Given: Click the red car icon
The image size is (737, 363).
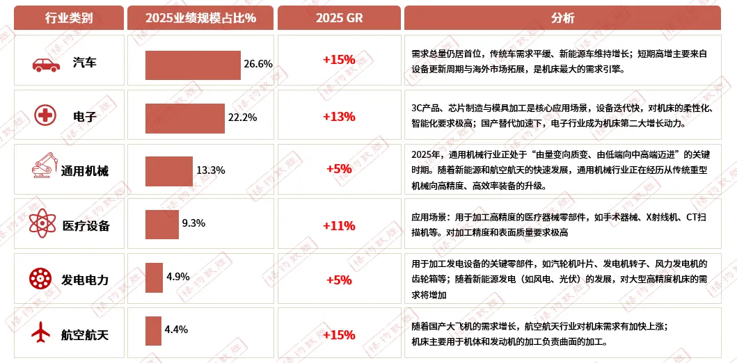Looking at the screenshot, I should point(47,65).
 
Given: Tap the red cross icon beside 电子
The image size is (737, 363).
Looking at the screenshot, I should point(47,116).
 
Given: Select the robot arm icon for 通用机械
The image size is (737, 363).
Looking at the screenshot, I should point(44,167).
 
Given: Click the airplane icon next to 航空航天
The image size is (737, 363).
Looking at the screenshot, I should point(41,333).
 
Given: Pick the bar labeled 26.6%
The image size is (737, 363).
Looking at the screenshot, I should point(193,65).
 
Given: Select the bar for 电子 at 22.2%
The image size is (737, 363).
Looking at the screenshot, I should point(185,118).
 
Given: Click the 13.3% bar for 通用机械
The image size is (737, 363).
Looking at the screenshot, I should point(169,171).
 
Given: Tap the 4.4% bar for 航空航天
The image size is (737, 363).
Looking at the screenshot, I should point(153,331).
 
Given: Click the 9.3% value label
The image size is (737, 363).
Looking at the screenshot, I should point(193,223).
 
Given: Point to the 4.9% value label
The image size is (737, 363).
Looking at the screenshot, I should point(178,277).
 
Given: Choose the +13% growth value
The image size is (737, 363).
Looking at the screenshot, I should point(339,116).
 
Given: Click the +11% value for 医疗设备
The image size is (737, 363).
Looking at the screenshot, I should point(339,225).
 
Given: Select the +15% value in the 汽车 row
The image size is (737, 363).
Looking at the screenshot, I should point(339,60).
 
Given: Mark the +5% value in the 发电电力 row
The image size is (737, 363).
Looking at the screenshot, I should point(339,280).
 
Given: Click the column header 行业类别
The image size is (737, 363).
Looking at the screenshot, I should point(68,18).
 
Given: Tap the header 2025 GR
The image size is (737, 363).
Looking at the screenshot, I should point(339,18).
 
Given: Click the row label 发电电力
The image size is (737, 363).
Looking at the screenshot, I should point(86,280).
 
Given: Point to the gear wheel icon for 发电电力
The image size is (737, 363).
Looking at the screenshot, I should point(40,279).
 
